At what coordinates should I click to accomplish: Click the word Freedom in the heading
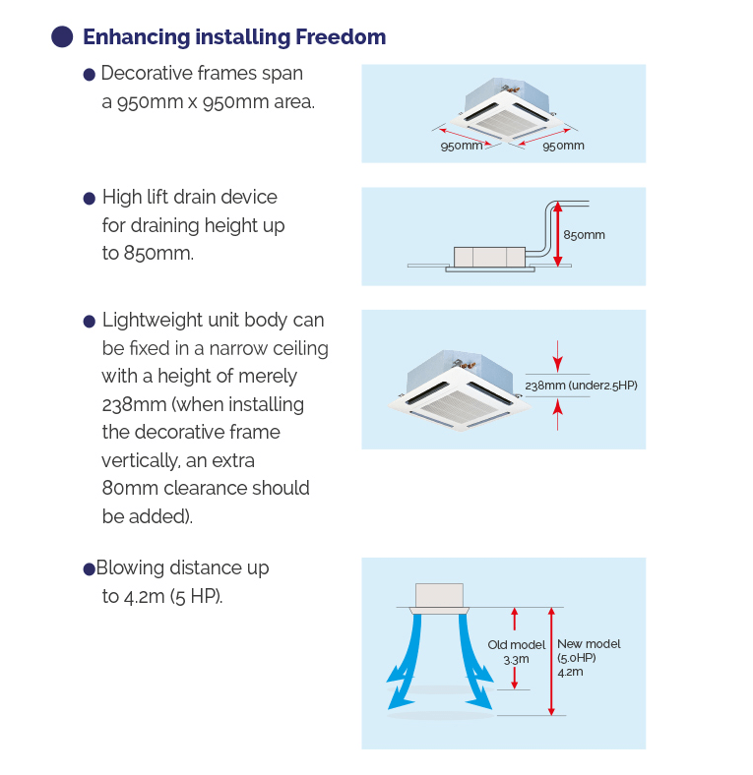point(340,37)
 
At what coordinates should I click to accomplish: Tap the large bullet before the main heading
point(62,37)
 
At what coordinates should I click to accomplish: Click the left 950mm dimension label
point(461,146)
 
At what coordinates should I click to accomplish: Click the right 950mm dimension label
point(563,146)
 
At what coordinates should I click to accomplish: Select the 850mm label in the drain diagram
point(584,235)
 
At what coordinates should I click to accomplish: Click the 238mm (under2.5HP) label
point(581,386)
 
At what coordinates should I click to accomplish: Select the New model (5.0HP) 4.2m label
point(588,657)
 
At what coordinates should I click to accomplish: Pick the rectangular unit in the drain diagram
point(489,257)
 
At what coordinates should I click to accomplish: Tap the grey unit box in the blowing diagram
point(439,596)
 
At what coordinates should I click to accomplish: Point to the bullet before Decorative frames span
point(90,75)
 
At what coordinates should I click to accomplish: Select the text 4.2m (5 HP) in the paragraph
point(161,596)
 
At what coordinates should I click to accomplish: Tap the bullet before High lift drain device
point(90,199)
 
